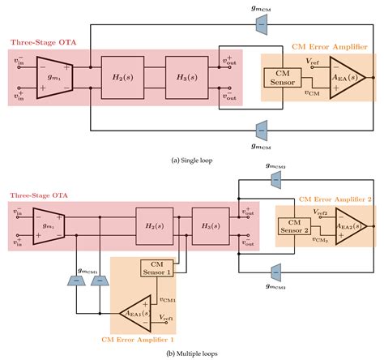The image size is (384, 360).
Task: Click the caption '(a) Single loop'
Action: pyautogui.click(x=192, y=160)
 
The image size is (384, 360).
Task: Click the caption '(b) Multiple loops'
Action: pyautogui.click(x=192, y=353)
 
